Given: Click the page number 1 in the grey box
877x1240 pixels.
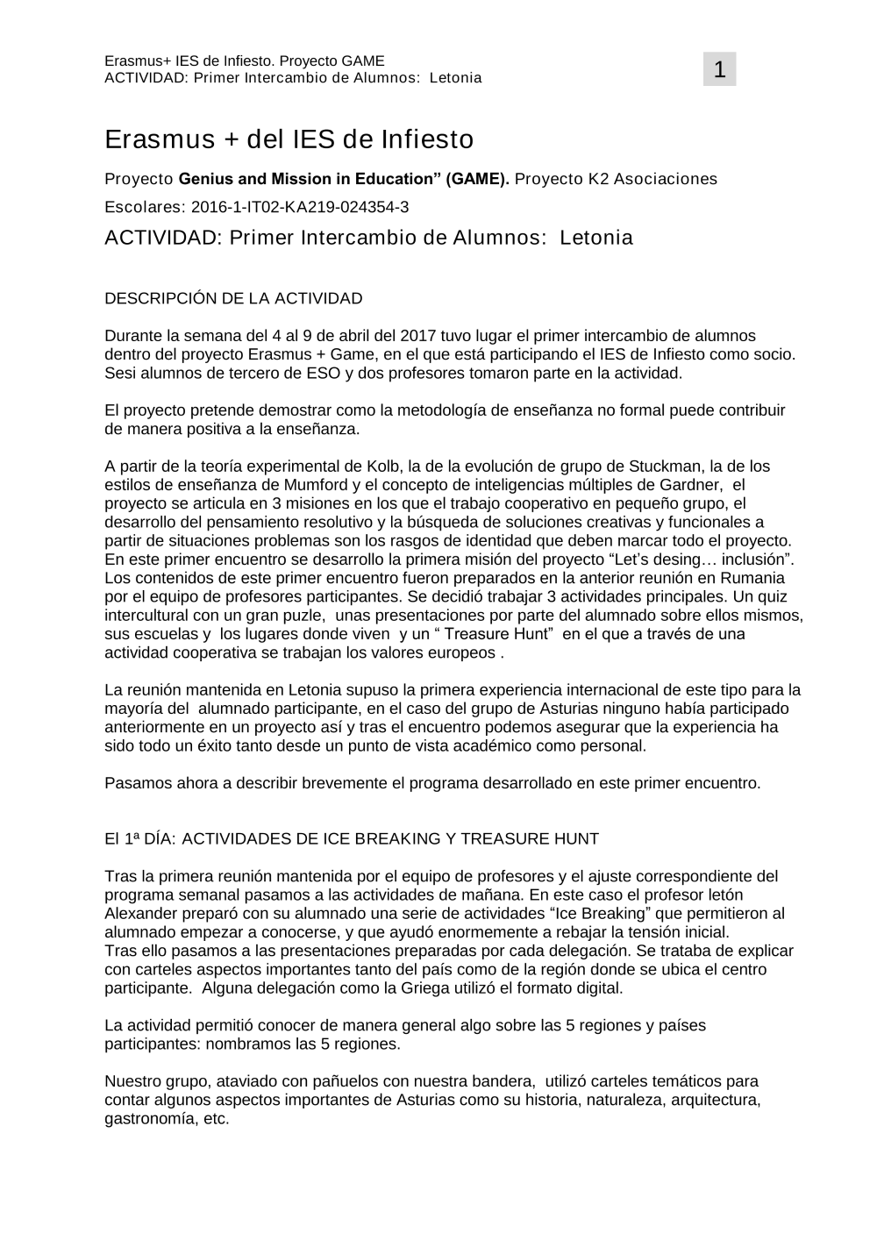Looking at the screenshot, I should tap(719, 69).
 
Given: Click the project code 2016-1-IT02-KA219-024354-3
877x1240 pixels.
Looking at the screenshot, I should tap(300, 207).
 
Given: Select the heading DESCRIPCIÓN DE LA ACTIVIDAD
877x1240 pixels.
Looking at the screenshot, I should tap(233, 298).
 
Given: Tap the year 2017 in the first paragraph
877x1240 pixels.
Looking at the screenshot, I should tap(417, 336).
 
